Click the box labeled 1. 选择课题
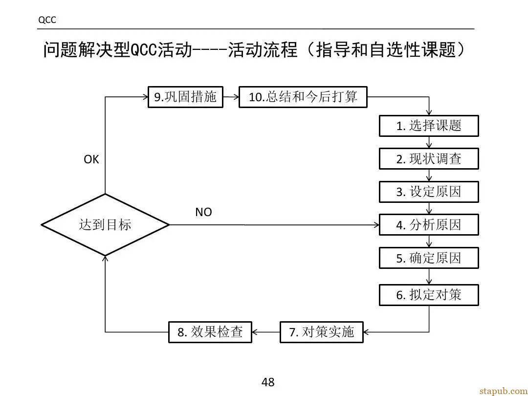[429, 126]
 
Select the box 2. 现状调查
[429, 158]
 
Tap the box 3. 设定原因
[429, 192]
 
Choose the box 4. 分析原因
[429, 224]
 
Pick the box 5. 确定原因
[429, 258]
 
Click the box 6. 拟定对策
[429, 295]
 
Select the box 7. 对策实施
[322, 332]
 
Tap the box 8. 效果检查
[210, 332]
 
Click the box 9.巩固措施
[186, 97]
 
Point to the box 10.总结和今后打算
[303, 97]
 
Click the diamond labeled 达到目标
[105, 224]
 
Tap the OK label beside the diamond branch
[91, 159]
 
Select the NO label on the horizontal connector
[203, 212]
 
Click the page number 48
[268, 382]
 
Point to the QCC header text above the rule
[47, 20]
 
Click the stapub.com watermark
[504, 391]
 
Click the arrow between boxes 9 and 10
[231, 97]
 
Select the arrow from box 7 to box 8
[265, 332]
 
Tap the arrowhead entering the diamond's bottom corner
[105, 259]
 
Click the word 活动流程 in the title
[263, 50]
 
